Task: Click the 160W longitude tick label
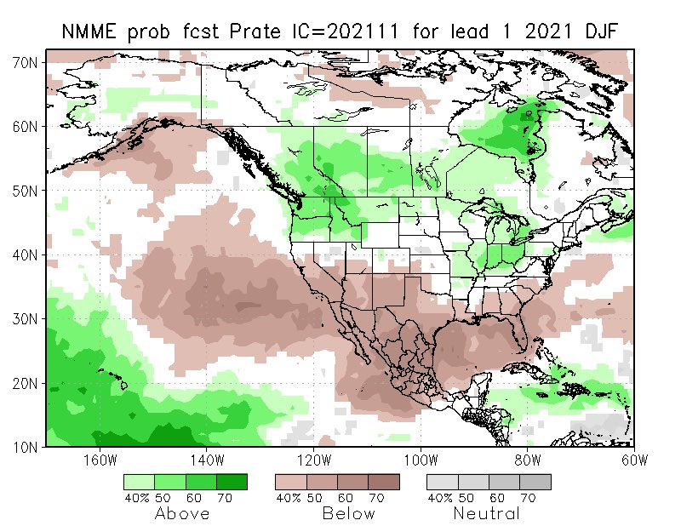coord(100,460)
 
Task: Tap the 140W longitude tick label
coord(207,460)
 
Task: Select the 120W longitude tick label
coord(314,460)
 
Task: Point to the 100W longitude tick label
coord(421,460)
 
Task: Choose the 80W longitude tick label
coord(528,460)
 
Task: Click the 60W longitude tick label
coord(634,460)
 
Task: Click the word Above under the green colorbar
coord(185,513)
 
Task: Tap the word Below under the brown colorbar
coord(350,513)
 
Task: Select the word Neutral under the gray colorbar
coord(486,513)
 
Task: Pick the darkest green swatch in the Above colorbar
coord(232,482)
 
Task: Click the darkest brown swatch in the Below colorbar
coord(384,482)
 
